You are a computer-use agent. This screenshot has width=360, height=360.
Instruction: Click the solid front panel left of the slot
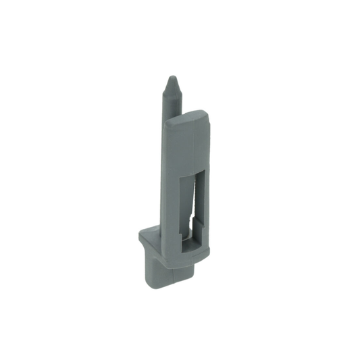pyautogui.click(x=174, y=182)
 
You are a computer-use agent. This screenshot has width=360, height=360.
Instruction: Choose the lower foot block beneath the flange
pyautogui.click(x=162, y=270)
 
